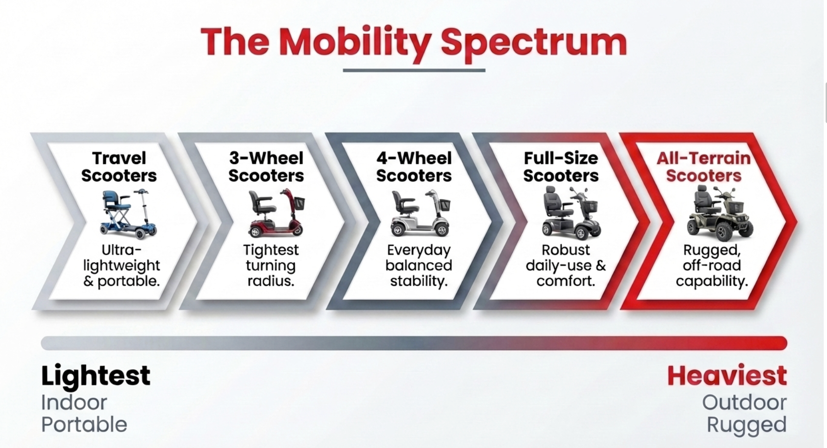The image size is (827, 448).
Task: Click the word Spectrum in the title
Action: [534, 43]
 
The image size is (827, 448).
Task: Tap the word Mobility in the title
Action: [355, 43]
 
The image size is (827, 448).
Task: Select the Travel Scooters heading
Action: [119, 167]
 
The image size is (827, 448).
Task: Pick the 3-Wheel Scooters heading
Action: [266, 167]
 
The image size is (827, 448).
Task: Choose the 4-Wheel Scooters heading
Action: [414, 167]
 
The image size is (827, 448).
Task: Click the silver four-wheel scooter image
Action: [421, 213]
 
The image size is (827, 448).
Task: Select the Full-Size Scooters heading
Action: [561, 167]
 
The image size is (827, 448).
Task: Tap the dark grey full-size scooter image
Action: [571, 213]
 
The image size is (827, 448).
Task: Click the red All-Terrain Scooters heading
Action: [703, 167]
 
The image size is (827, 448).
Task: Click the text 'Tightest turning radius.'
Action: [271, 265]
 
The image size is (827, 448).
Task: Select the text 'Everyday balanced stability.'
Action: [418, 265]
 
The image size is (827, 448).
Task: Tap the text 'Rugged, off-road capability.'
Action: [712, 265]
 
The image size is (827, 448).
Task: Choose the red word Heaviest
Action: [727, 376]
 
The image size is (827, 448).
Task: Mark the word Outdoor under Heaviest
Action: [744, 402]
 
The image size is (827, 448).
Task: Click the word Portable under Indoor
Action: [84, 425]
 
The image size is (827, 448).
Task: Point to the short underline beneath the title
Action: [414, 70]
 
